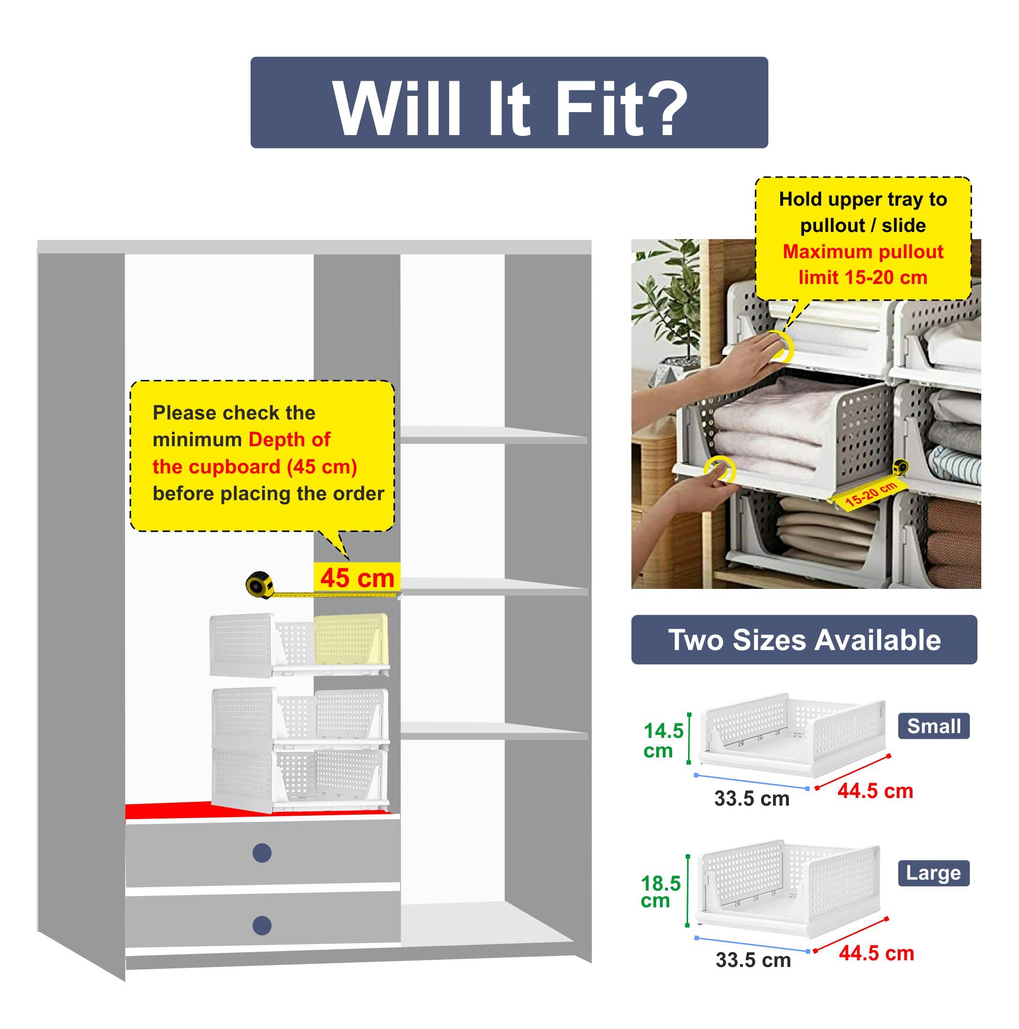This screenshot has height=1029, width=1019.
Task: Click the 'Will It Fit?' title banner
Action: click(509, 102)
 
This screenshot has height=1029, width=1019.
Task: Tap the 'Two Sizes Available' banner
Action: click(804, 640)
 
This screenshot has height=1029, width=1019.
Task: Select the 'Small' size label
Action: click(933, 726)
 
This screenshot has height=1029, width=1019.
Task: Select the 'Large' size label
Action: click(933, 873)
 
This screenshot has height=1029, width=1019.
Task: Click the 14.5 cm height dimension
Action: click(662, 740)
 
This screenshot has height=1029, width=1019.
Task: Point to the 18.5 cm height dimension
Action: click(660, 892)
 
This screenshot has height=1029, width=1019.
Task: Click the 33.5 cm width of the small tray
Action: click(752, 798)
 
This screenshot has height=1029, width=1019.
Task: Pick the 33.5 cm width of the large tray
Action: click(753, 960)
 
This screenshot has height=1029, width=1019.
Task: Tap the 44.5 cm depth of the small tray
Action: click(875, 791)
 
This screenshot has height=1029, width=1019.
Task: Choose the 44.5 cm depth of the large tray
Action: click(876, 953)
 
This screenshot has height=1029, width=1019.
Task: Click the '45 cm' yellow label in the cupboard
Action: click(357, 577)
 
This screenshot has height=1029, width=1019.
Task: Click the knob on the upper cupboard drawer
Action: click(262, 853)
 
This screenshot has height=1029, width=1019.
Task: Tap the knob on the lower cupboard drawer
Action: click(262, 925)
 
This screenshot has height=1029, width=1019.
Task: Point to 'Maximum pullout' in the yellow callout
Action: click(862, 252)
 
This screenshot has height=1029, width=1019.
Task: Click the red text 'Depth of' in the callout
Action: click(289, 440)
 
